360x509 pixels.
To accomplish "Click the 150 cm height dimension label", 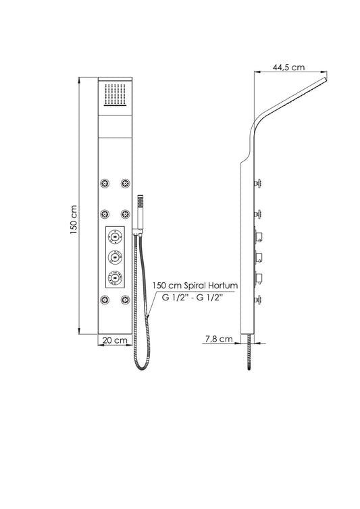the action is pyautogui.click(x=73, y=220).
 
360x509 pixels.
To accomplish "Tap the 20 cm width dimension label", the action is pyautogui.click(x=115, y=340).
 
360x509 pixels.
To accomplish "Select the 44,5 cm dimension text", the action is pyautogui.click(x=288, y=68).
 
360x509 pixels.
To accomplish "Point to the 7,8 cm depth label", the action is pyautogui.click(x=219, y=339).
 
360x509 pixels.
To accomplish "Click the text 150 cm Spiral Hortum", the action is pyautogui.click(x=195, y=286).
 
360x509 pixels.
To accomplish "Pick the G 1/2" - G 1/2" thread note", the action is pyautogui.click(x=192, y=297).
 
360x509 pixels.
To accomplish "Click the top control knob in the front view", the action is pyautogui.click(x=115, y=236).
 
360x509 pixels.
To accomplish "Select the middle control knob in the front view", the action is pyautogui.click(x=115, y=257).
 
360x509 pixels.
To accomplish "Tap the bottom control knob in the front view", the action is pyautogui.click(x=115, y=277).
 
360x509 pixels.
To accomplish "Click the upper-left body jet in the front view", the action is pyautogui.click(x=105, y=184).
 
